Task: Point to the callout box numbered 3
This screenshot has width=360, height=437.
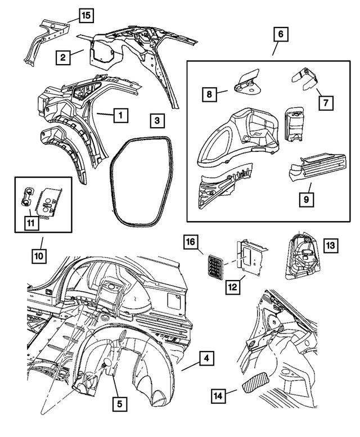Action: [158, 120]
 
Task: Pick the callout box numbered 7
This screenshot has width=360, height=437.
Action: [325, 102]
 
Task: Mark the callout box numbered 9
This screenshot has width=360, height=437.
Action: [307, 199]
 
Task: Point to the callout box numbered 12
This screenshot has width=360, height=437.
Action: [232, 287]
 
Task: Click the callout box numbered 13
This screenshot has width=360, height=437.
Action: [330, 246]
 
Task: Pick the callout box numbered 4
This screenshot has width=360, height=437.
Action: [207, 358]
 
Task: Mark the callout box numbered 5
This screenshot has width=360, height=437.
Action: [119, 403]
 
